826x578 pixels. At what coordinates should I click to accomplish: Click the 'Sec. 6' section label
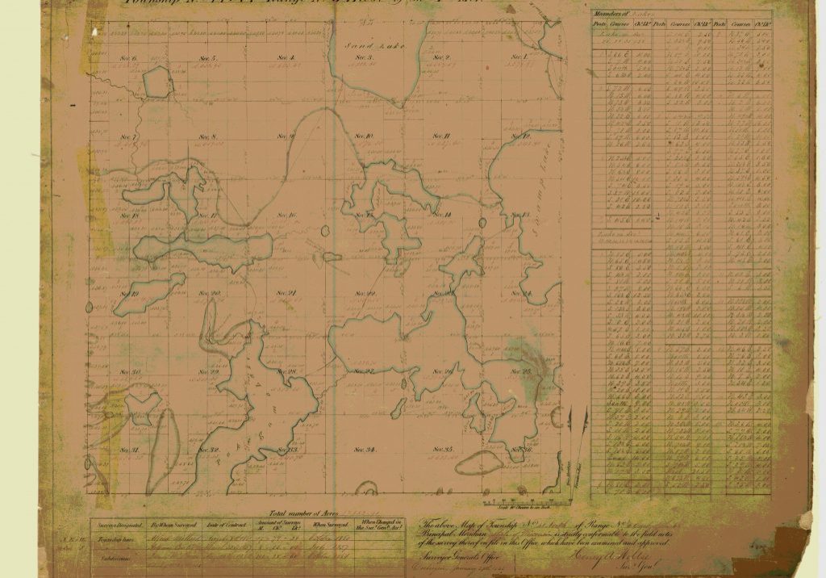(129, 59)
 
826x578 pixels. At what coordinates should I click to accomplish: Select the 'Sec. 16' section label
(287, 216)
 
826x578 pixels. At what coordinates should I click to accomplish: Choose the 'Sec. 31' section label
(131, 450)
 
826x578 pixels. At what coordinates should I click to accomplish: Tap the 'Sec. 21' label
(287, 293)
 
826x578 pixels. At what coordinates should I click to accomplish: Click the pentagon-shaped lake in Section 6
(158, 82)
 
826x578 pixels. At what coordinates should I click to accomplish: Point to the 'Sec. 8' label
(208, 137)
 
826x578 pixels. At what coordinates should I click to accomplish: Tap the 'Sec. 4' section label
(286, 58)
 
